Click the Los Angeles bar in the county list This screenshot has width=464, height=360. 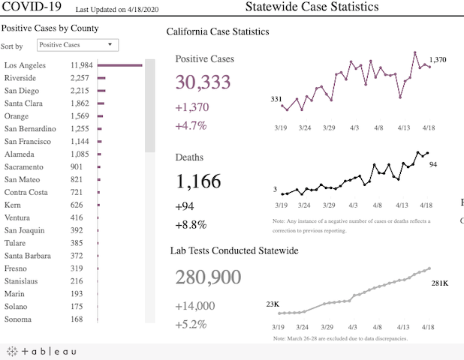119,65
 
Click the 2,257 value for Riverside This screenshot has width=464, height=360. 80,78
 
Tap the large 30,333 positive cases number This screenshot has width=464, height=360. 203,82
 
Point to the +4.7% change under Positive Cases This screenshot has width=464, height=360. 191,125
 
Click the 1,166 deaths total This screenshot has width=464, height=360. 198,181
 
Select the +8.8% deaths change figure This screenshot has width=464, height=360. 191,224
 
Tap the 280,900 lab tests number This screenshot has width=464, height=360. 208,277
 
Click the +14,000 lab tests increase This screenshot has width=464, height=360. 194,305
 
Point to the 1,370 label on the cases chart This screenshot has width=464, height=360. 438,60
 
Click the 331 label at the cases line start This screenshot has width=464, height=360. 276,99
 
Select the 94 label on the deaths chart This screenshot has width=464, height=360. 433,164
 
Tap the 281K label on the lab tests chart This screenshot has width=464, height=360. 440,283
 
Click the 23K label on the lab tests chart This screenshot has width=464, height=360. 273,304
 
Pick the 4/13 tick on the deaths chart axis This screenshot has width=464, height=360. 404,205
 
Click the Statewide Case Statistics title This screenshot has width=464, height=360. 312,7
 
